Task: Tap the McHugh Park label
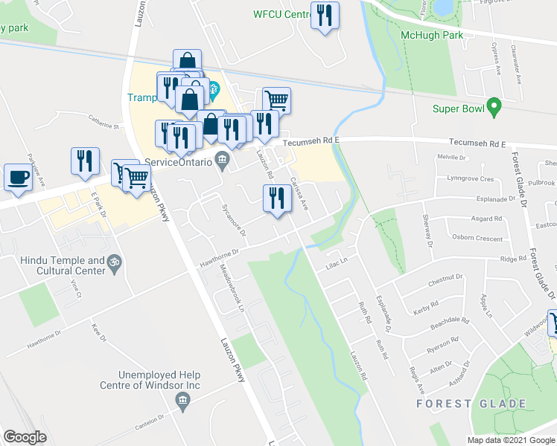(x=432, y=35)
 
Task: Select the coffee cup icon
(x=18, y=178)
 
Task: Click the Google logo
(x=25, y=437)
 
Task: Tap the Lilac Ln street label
(x=338, y=267)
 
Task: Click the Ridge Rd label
(x=513, y=259)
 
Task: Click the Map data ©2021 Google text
(x=510, y=440)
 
